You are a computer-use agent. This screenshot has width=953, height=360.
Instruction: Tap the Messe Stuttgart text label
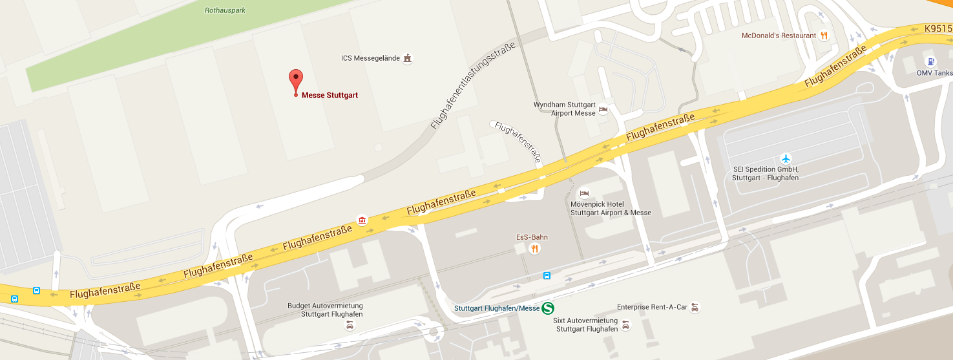(330, 96)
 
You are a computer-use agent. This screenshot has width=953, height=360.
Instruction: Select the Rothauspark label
(225, 10)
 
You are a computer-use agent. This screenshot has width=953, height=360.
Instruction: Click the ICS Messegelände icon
(407, 58)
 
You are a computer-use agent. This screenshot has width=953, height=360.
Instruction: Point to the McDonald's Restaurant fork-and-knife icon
(824, 36)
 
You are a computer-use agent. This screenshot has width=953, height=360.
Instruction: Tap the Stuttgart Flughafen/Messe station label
(496, 308)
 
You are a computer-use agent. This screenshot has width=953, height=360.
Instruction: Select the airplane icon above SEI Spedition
(786, 158)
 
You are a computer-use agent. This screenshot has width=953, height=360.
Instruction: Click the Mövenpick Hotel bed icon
(584, 193)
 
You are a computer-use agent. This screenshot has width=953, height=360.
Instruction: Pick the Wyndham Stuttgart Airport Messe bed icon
(603, 109)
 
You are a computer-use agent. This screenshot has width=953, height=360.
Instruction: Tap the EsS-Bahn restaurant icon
(534, 248)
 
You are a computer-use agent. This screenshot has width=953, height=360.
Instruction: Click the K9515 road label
(937, 28)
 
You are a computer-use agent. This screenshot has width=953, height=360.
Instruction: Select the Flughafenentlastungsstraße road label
(473, 86)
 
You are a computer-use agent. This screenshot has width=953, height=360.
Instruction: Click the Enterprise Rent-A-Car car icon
(695, 308)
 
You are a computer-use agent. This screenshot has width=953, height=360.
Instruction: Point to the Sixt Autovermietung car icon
(625, 325)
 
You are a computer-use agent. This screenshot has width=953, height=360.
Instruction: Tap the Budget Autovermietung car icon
(350, 325)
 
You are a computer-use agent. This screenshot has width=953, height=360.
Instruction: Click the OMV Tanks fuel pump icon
(930, 62)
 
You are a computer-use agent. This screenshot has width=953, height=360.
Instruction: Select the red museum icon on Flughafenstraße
(362, 220)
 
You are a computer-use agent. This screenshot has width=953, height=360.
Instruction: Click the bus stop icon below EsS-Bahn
(547, 276)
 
